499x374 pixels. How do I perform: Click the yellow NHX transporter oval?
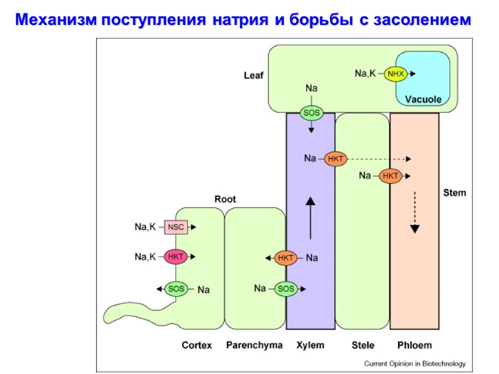[x=395, y=74]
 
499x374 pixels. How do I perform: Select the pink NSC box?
[x=176, y=228]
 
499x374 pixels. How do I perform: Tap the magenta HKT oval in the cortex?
[x=176, y=256]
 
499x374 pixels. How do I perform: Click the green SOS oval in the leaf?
[x=311, y=113]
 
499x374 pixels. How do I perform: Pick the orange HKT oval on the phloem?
[x=390, y=176]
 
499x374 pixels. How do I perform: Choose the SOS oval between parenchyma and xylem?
[x=286, y=289]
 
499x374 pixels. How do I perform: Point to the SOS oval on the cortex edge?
[x=176, y=289]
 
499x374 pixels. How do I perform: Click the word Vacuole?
[x=423, y=99]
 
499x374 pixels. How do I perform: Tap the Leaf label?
[x=253, y=75]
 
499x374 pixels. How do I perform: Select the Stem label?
[x=454, y=193]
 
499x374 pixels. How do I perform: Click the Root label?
[x=225, y=199]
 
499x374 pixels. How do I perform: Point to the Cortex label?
[x=196, y=345]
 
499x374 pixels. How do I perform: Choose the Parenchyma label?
[x=254, y=345]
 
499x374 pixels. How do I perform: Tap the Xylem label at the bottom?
[x=310, y=345]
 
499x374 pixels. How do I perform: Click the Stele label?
[x=362, y=345]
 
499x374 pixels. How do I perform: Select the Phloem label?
[x=414, y=345]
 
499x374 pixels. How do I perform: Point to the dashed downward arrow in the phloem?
[x=414, y=212]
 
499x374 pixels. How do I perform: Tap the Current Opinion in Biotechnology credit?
[x=415, y=363]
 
